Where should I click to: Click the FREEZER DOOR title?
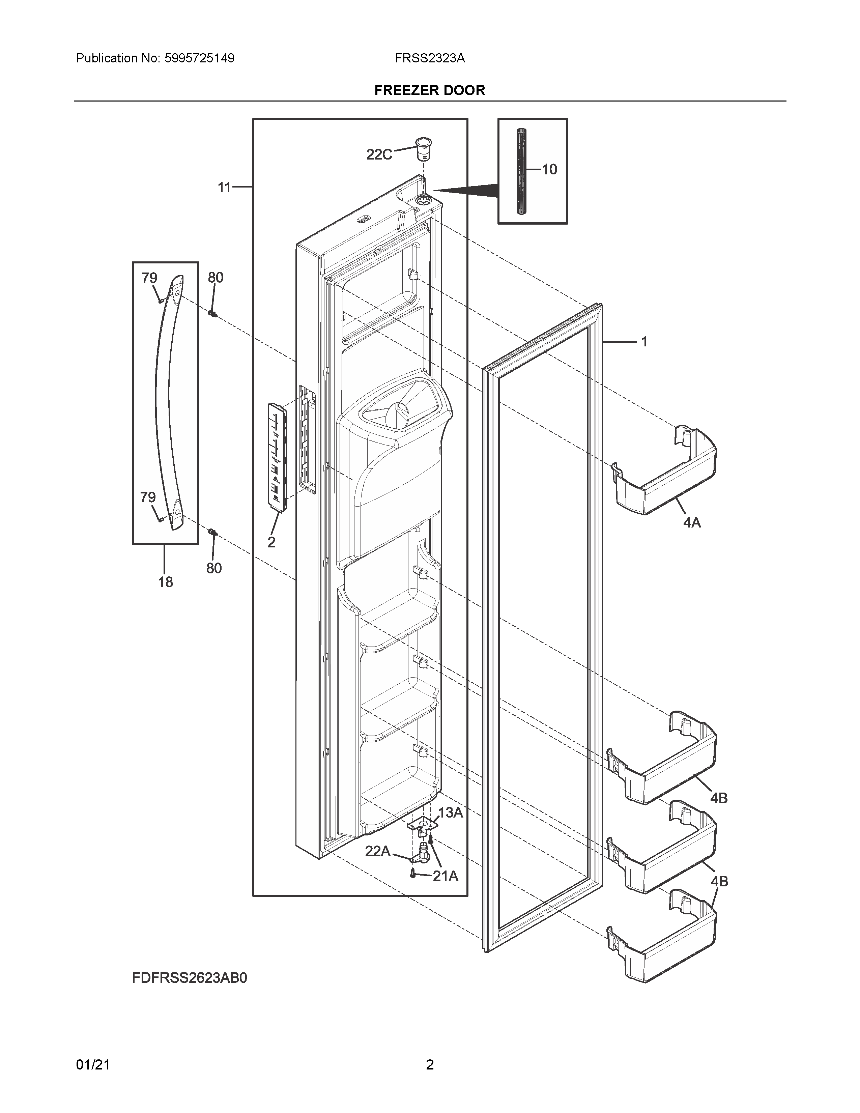[x=429, y=90]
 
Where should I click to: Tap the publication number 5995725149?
[x=199, y=58]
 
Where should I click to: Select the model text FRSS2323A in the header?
[x=429, y=58]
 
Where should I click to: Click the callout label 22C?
[x=379, y=154]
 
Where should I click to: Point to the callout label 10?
[x=549, y=169]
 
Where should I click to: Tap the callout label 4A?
[x=692, y=522]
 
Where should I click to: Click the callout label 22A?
[x=377, y=851]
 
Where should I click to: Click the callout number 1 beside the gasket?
[x=644, y=341]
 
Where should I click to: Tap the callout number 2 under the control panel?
[x=271, y=542]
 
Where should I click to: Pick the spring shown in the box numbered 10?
[x=522, y=171]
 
